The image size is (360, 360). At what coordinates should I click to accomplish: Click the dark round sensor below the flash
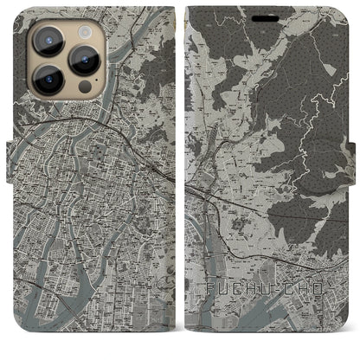coord(85,88)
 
